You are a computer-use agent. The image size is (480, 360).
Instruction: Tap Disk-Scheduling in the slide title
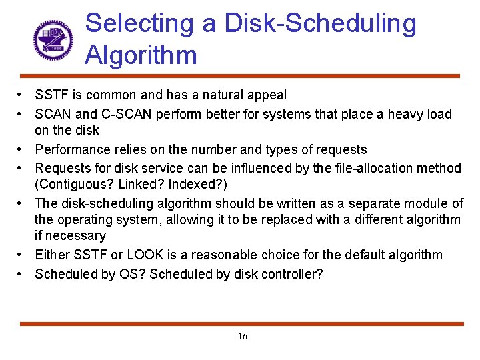pos(320,23)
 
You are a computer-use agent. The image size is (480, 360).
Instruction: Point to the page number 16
pos(242,337)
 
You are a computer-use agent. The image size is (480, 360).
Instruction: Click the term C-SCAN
pos(122,115)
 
